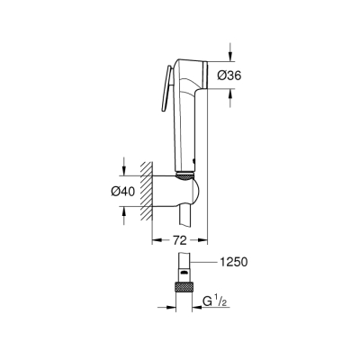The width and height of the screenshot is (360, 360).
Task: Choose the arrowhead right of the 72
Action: (204, 241)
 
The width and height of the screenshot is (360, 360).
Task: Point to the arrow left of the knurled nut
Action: (168, 307)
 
